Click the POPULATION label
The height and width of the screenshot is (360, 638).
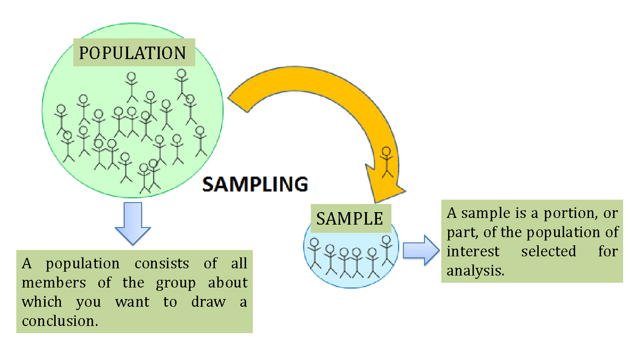tap(132, 53)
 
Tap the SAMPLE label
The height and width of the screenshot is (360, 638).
tap(350, 218)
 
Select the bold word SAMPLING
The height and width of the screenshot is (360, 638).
tap(255, 185)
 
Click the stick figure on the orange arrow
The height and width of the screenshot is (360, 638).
tap(387, 162)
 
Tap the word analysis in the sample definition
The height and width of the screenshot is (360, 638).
tap(475, 270)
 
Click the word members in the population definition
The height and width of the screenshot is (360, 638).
tap(53, 283)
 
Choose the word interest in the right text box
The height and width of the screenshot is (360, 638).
tap(473, 251)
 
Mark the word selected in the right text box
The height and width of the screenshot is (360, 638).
tap(548, 251)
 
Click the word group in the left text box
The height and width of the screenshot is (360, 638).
tap(175, 283)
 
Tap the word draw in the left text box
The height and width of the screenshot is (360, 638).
tap(208, 302)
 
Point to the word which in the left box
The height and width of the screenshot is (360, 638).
tap(41, 302)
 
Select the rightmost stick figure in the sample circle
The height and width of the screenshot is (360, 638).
tap(387, 250)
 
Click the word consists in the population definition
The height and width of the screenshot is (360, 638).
tap(162, 264)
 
